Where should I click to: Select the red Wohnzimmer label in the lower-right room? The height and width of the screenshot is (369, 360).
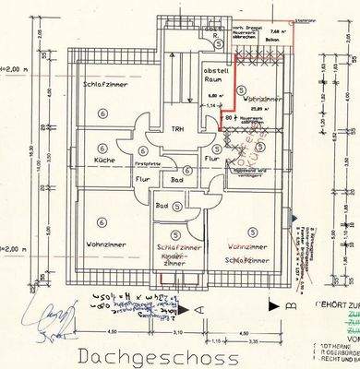(248, 248)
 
